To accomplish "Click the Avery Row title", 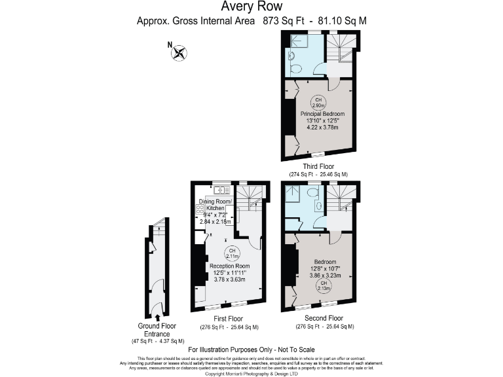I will click(251, 7).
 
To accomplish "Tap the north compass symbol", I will click(179, 52).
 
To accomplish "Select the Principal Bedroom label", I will click(318, 114).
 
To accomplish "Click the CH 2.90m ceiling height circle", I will click(318, 102).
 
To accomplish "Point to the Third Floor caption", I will click(318, 166).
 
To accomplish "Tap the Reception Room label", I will click(229, 266).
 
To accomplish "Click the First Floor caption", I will click(229, 319).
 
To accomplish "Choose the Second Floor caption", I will click(324, 319).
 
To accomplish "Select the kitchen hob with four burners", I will click(199, 209).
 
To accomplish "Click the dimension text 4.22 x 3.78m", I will click(318, 127).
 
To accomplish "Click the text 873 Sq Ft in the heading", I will click(284, 21).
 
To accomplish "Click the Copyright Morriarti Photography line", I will click(251, 374).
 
